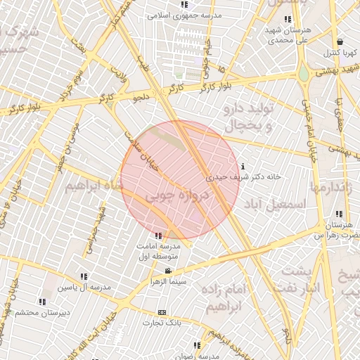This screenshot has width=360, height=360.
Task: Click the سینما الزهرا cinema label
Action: pos(168,281)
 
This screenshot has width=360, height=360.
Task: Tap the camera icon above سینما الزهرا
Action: pos(168,271)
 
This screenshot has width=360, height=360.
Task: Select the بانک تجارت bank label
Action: pos(163,323)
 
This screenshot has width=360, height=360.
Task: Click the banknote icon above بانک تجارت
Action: pos(163,312)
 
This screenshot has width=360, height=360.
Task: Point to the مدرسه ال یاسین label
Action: pos(85,288)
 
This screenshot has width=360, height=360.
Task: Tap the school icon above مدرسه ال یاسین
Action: pos(84,277)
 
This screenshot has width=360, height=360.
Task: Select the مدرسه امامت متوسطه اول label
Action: pos(158,252)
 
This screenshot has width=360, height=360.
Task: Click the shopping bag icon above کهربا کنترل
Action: pos(340,42)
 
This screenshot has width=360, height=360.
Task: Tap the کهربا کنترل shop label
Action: pos(340,53)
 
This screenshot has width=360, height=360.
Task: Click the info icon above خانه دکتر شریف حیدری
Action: pos(243,167)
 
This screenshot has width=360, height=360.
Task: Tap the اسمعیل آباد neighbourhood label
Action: pos(275,203)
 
